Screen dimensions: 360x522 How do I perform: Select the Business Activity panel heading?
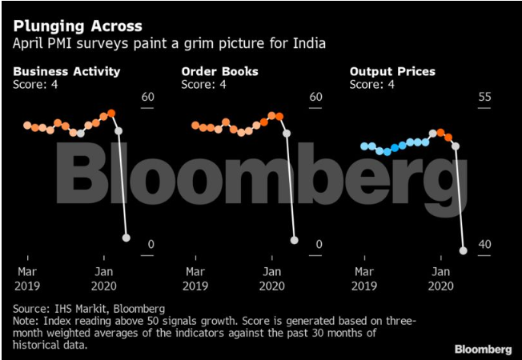(x=66, y=71)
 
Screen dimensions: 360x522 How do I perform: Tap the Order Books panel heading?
(x=219, y=71)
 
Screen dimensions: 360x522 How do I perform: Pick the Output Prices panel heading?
(x=392, y=71)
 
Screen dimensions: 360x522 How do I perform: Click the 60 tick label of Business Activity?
(x=147, y=98)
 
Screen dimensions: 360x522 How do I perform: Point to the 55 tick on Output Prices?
(x=484, y=98)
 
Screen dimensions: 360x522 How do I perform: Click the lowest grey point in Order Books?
(x=295, y=239)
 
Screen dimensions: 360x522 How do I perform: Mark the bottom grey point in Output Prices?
(x=464, y=250)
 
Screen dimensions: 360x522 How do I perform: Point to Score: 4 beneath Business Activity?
(x=35, y=84)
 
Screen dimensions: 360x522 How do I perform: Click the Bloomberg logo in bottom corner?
(x=484, y=349)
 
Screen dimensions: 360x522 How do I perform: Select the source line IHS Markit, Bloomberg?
(x=88, y=308)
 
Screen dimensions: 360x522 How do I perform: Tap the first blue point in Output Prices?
(x=364, y=146)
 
